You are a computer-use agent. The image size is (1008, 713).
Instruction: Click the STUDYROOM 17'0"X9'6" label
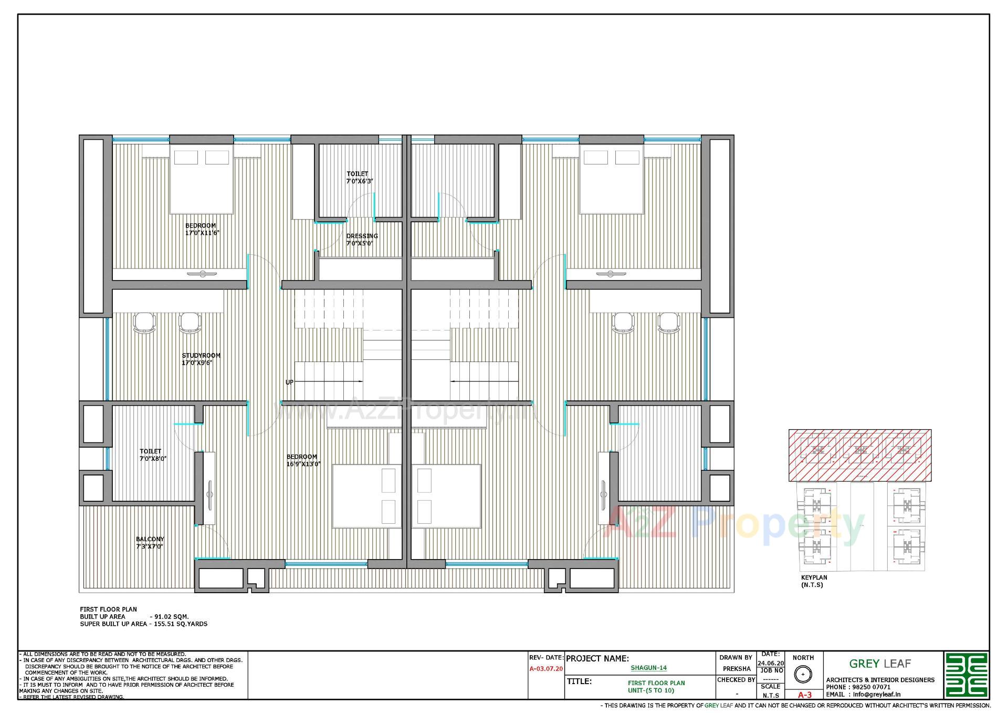click(201, 359)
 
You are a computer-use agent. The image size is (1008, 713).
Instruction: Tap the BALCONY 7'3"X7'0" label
click(150, 543)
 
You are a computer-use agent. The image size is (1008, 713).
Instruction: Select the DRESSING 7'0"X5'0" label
click(361, 240)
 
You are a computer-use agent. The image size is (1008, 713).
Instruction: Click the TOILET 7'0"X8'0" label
click(152, 455)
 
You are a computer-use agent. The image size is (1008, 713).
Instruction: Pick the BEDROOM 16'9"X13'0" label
click(302, 460)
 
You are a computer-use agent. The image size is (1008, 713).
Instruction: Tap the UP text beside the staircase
click(289, 382)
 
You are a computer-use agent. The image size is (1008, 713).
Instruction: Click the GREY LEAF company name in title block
click(879, 664)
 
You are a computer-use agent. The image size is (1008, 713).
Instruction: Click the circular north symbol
click(802, 674)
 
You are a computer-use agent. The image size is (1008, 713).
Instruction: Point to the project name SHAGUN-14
click(648, 668)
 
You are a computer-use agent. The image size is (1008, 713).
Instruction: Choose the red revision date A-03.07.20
click(546, 669)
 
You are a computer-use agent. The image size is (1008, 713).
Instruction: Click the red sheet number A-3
click(804, 695)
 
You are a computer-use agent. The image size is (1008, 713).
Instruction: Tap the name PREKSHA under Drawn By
click(736, 669)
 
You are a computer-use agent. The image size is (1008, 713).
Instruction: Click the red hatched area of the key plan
click(859, 455)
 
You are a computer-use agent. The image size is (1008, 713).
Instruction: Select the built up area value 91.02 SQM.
click(169, 616)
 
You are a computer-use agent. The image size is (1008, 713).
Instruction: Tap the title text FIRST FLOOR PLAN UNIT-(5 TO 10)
click(656, 687)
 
